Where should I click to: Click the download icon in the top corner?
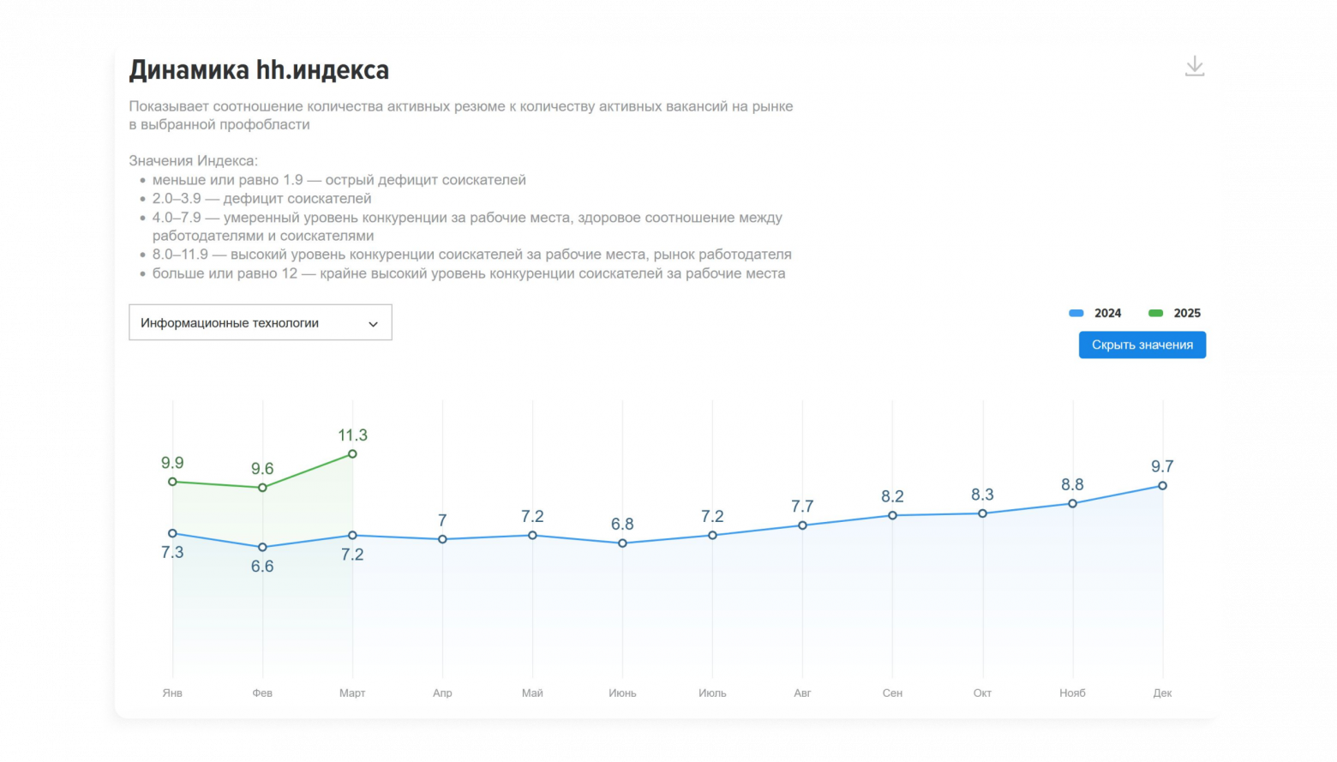(x=1194, y=66)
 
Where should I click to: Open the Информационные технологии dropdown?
(x=260, y=322)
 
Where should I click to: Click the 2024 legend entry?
(x=1095, y=313)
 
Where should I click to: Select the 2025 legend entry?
(x=1174, y=313)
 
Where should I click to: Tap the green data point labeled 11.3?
(x=352, y=454)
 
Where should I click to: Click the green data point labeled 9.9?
(x=172, y=482)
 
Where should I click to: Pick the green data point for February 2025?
(x=262, y=488)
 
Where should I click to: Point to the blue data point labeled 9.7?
(x=1162, y=485)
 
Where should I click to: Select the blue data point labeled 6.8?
(x=622, y=543)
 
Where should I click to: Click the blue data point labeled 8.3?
(x=982, y=513)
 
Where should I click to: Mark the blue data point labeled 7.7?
(x=802, y=525)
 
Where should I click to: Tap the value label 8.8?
(x=1072, y=484)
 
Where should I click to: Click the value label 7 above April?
(x=442, y=520)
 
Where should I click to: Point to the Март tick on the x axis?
(x=352, y=693)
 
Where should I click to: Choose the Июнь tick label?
(x=622, y=693)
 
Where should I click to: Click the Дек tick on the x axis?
(x=1162, y=693)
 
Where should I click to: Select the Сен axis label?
(x=892, y=693)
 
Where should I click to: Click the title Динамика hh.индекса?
(x=259, y=69)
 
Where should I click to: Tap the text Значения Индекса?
(x=193, y=160)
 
